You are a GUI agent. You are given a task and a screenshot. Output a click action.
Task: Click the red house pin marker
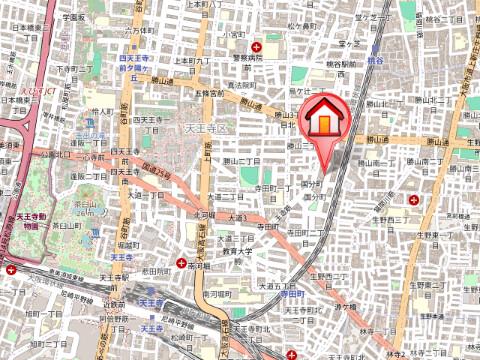tap(326, 122)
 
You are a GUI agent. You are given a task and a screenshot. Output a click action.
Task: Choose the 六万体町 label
tap(138, 30)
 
